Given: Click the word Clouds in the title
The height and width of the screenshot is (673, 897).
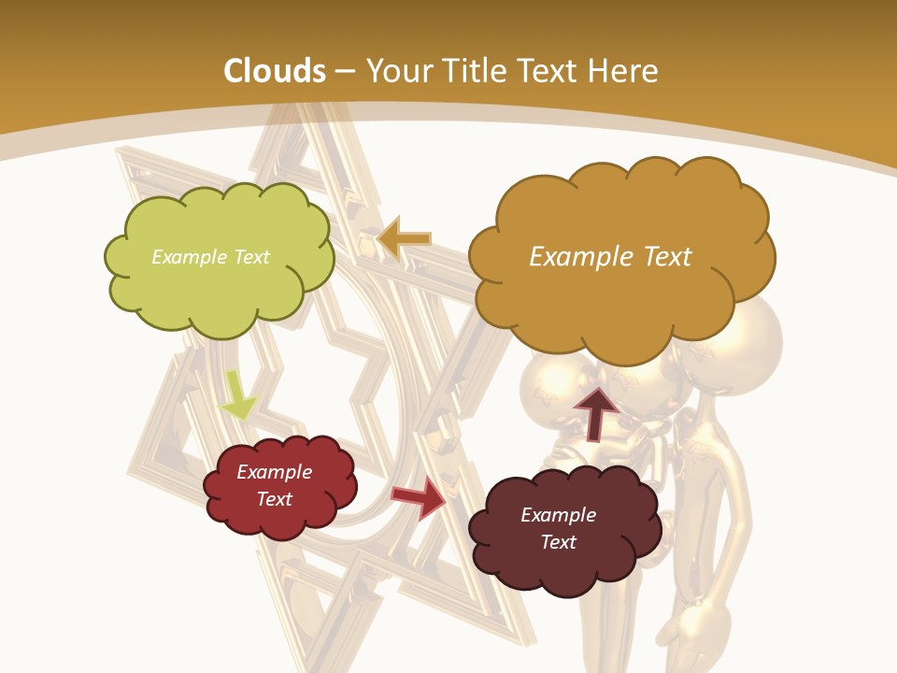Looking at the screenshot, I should coord(275,71).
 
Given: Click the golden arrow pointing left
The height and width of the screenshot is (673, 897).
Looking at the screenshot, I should coord(403,239).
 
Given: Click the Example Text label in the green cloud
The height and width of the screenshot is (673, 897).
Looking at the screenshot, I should coord(210,257).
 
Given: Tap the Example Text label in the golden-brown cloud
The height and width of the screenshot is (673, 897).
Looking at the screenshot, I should coord(610,257).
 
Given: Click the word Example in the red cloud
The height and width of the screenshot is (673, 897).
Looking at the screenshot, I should coord(274,472).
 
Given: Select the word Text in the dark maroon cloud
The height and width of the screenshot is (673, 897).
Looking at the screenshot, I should coord(558,542).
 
